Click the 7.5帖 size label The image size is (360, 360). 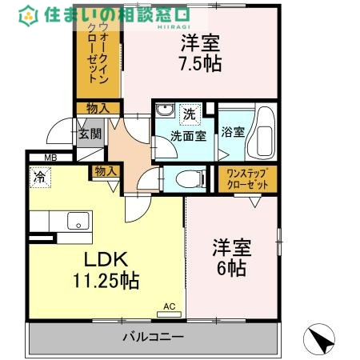(200, 63)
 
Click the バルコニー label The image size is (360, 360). (153, 336)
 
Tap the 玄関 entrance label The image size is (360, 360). (90, 134)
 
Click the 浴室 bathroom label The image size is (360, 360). (232, 132)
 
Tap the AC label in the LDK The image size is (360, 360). (169, 306)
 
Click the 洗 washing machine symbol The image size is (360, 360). (189, 114)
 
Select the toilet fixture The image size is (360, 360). (180, 178)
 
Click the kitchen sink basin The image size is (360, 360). (79, 220)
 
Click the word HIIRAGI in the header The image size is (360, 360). (170, 24)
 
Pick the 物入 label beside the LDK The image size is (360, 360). (106, 170)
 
